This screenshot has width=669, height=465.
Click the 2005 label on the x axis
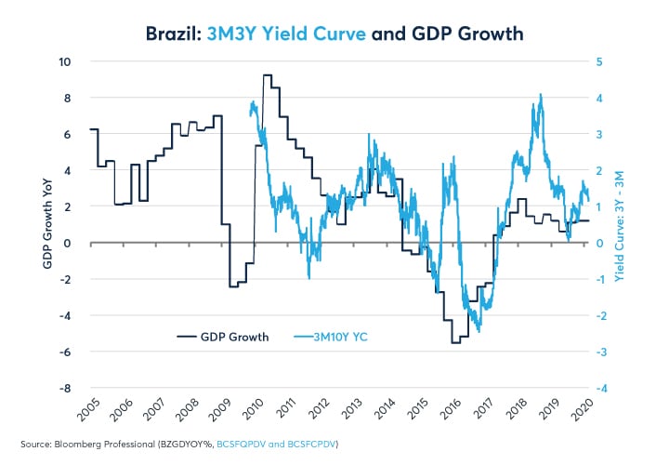pos(90,410)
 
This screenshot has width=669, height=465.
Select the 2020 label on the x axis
pos(584,410)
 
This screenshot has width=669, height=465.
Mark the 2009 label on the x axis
pos(221,410)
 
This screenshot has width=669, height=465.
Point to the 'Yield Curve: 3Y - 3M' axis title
pos(620,225)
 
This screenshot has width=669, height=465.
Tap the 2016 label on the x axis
pos(452,410)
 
